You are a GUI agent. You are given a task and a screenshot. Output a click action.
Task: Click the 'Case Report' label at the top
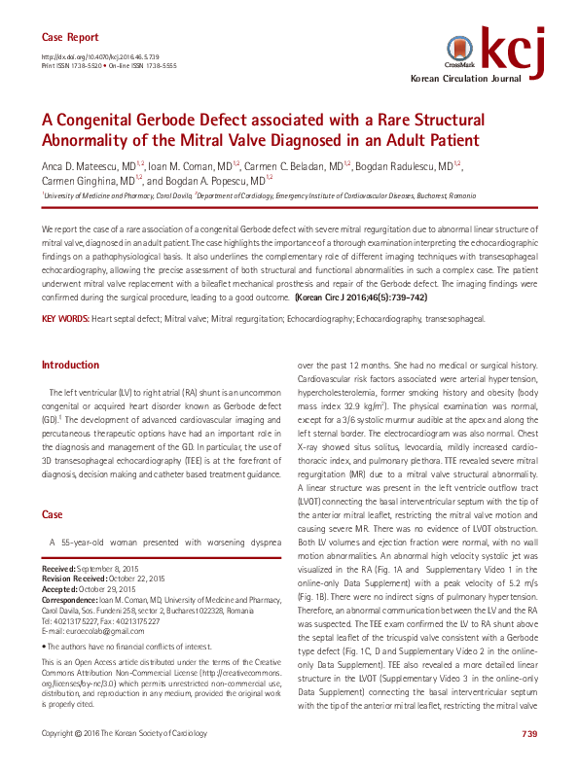(69, 37)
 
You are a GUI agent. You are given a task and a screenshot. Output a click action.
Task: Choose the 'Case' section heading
(53, 513)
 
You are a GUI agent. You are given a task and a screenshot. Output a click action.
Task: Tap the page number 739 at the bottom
(529, 759)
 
